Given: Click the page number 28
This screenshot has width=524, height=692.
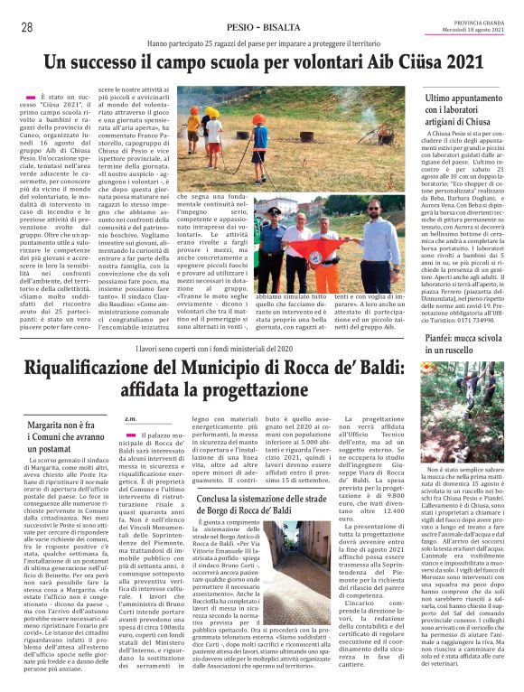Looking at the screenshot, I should pos(16,28).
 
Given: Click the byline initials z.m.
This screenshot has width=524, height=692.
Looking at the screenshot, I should pos(130,418).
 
